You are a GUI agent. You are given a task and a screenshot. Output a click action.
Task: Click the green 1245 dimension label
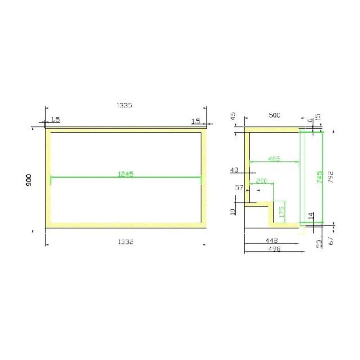point(126,174)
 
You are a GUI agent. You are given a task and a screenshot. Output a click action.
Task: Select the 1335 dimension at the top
point(125,105)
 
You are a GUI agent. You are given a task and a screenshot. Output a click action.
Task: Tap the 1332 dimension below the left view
point(126,242)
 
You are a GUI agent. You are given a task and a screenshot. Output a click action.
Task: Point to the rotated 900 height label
point(29,180)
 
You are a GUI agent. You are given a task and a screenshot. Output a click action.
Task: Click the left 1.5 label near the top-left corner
point(55,120)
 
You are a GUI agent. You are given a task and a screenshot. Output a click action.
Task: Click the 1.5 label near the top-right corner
point(195,121)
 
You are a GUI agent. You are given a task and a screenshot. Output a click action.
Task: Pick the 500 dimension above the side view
point(274,115)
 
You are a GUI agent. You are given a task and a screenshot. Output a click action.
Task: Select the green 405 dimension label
point(274,158)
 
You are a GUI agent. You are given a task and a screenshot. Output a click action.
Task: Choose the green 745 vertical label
point(319,177)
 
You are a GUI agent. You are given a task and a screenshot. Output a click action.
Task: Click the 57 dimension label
point(239,187)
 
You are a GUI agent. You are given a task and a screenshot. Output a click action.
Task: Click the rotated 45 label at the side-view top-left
point(233,116)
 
